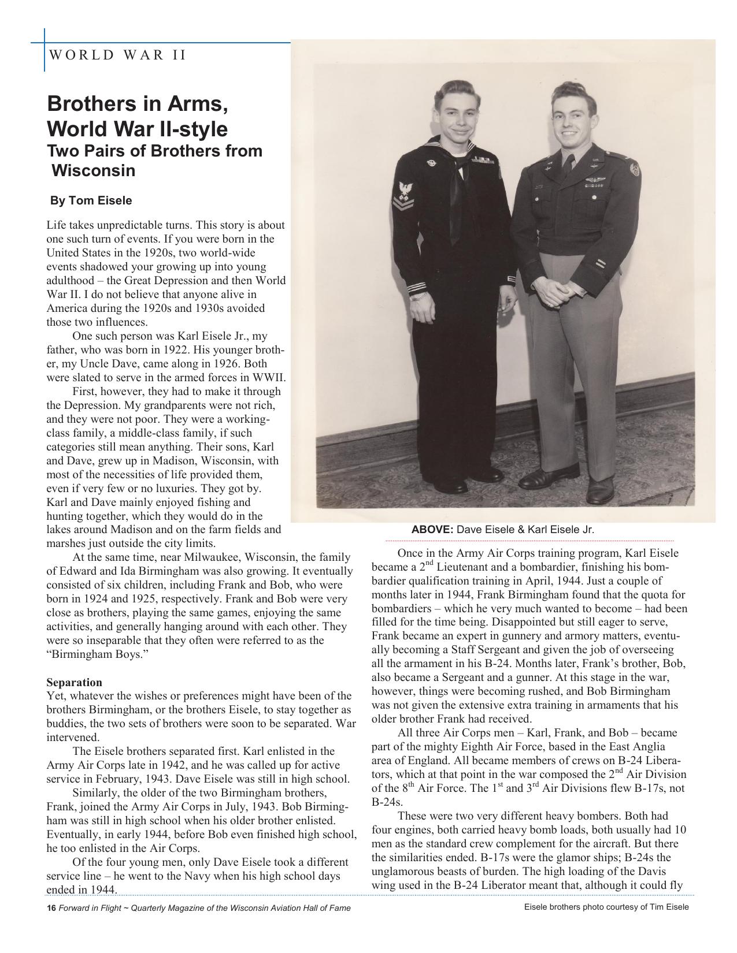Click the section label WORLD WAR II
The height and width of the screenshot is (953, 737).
click(118, 55)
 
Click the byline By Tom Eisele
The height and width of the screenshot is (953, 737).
click(91, 201)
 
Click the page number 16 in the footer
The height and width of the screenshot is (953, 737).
click(51, 908)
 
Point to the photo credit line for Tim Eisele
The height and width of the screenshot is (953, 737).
click(606, 907)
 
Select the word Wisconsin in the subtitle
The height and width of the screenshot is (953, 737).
click(94, 171)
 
